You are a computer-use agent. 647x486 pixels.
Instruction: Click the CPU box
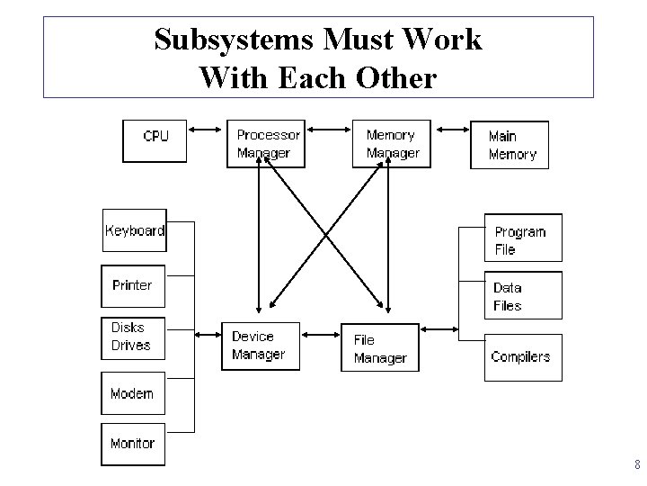155,141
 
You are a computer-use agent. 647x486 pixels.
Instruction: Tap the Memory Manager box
391,143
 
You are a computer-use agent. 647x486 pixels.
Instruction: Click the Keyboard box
134,232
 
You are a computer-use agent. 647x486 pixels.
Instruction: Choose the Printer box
132,287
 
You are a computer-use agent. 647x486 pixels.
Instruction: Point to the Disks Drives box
132,337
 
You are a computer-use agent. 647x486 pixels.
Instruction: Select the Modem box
132,394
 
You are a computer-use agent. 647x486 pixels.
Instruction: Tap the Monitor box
132,444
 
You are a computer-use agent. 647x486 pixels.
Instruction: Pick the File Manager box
379,347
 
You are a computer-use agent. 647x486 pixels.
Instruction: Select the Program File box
523,238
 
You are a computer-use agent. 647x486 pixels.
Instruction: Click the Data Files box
523,296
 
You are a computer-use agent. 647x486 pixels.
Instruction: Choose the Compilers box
523,357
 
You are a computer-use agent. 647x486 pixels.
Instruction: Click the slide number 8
636,465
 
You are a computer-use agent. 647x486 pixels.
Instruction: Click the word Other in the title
396,78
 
